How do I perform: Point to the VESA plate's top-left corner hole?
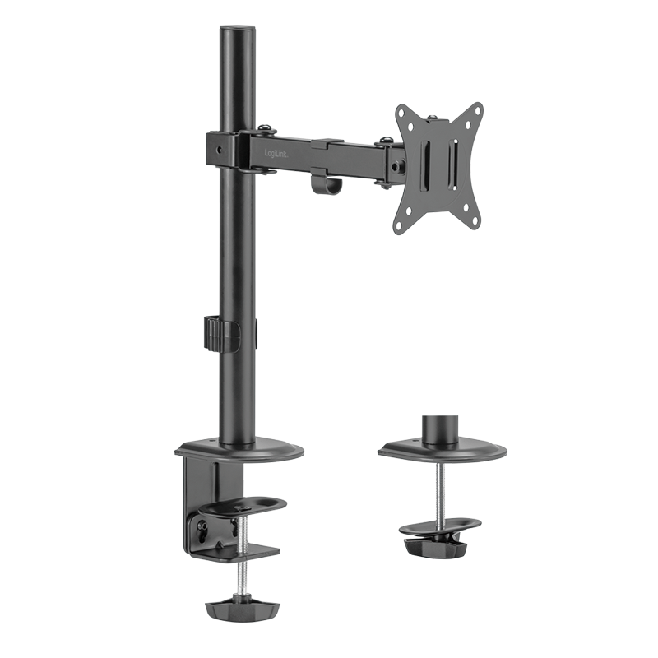point(403,113)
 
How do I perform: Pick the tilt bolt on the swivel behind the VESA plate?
point(399,165)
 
